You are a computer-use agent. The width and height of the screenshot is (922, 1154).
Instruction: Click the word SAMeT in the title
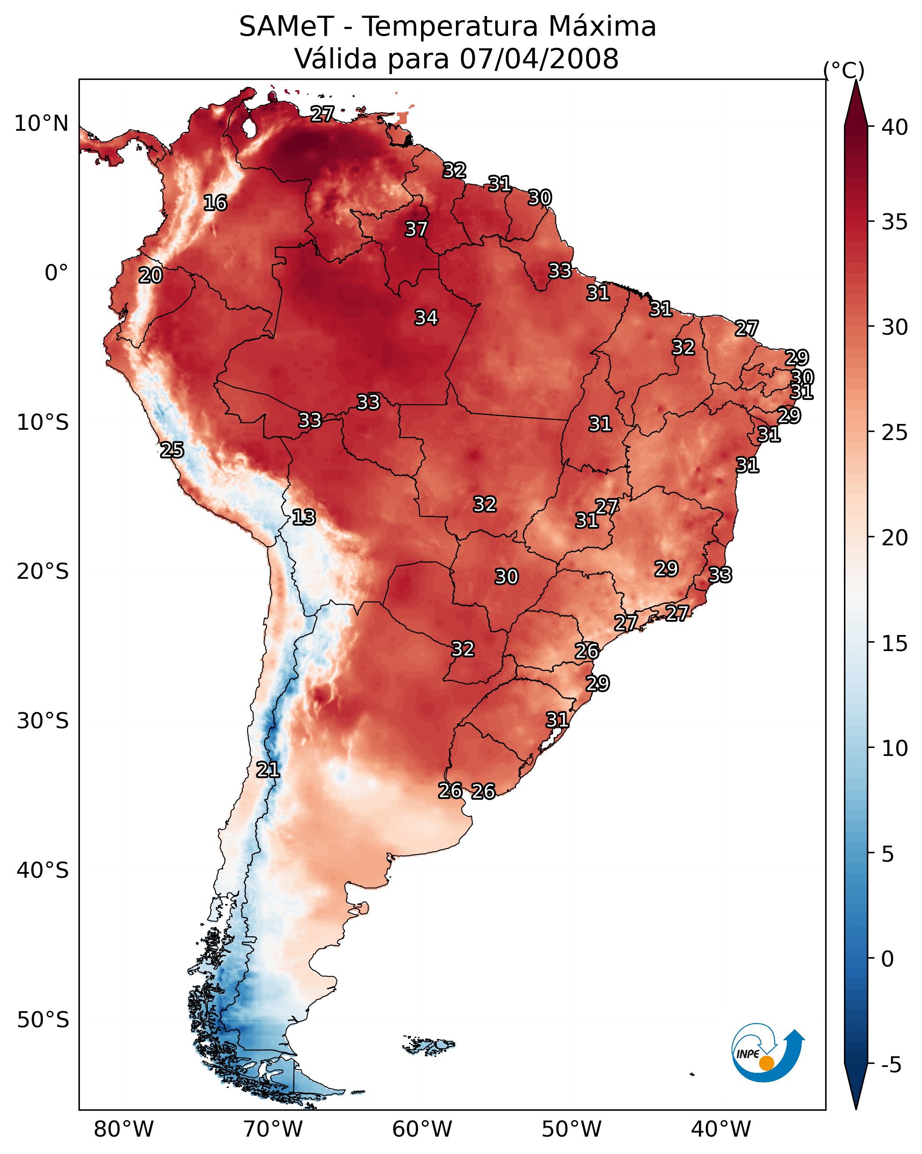(286, 27)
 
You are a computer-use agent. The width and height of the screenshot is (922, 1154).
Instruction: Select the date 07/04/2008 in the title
(539, 59)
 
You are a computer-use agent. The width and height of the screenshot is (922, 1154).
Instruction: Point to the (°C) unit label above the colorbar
(843, 71)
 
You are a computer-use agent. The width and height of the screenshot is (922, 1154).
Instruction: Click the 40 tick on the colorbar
(894, 127)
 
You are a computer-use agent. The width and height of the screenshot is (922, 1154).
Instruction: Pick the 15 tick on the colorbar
(894, 643)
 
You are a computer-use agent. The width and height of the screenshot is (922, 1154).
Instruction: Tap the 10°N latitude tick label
(41, 124)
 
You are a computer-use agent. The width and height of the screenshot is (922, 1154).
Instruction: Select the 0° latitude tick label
(56, 273)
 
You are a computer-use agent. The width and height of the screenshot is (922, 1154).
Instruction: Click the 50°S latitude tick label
(43, 1020)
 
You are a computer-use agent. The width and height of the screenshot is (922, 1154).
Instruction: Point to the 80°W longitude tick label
(124, 1129)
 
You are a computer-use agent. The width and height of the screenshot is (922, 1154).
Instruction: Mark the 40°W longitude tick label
(721, 1129)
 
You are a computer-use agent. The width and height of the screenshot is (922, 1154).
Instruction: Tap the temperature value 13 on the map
(303, 518)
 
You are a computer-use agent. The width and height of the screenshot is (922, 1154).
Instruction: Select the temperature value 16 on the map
(215, 203)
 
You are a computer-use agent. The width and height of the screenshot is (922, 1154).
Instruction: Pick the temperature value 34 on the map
(426, 318)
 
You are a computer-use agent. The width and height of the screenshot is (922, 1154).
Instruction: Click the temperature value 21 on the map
(268, 770)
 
